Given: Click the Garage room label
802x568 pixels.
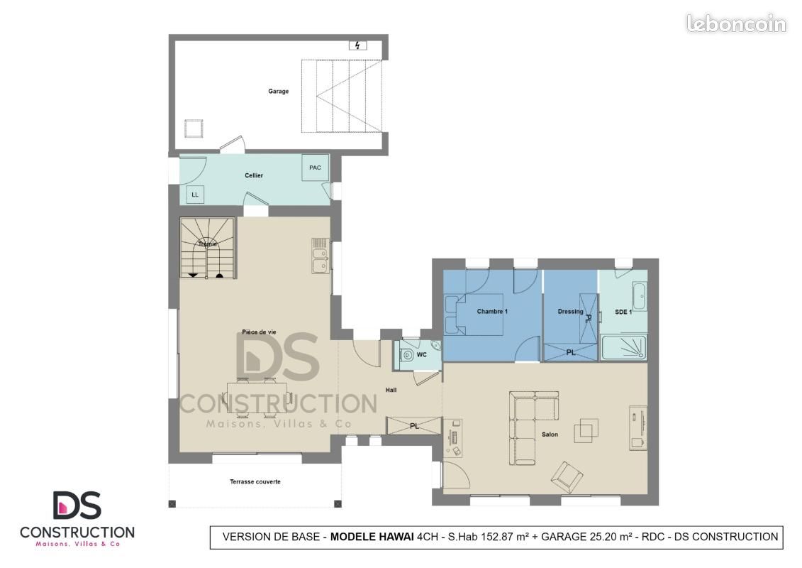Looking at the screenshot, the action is [278, 91].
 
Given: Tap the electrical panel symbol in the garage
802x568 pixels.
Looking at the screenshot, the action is [357, 45].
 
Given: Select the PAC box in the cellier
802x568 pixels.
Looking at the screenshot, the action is [315, 168].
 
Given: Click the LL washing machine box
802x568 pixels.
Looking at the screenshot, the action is [195, 195].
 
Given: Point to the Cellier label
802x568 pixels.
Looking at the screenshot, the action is [254, 175].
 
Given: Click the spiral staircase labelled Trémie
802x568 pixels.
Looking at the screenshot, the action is [208, 248].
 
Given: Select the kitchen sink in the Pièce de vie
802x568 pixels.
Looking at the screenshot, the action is [321, 256].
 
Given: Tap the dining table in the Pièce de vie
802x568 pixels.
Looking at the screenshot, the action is [257, 397].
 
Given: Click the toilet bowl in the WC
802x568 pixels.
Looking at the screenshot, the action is [408, 354].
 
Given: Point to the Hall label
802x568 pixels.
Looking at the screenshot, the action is [391, 390].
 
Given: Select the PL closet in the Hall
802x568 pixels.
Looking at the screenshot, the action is [414, 426].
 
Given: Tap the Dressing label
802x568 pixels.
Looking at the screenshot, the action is [570, 312].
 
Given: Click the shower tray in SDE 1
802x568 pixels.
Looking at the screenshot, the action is [623, 347].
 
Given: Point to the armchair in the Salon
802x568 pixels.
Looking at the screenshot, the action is [567, 477].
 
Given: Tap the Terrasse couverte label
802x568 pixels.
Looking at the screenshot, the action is [255, 481].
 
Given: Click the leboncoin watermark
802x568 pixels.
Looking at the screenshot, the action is [735, 24].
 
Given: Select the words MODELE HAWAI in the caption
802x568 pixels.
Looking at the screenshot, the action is [372, 537].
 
